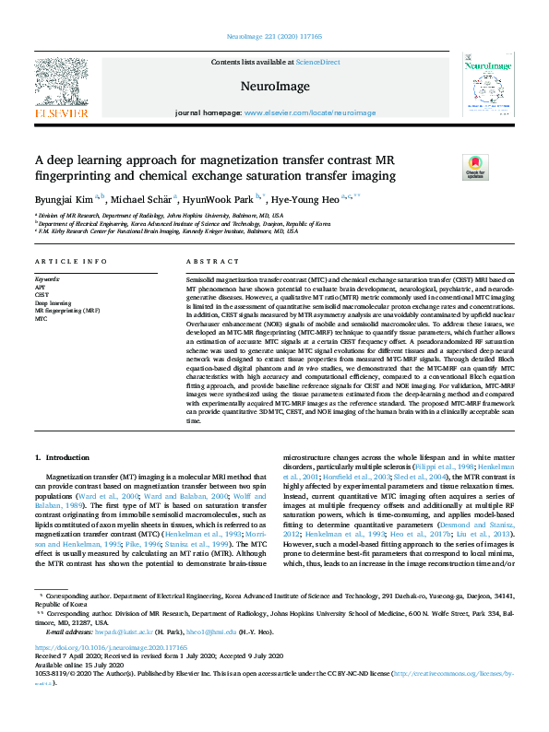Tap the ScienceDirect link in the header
317,62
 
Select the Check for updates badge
474,167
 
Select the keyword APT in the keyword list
41,286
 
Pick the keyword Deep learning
53,302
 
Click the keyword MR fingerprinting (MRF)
66,311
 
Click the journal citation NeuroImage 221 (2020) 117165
274,36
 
